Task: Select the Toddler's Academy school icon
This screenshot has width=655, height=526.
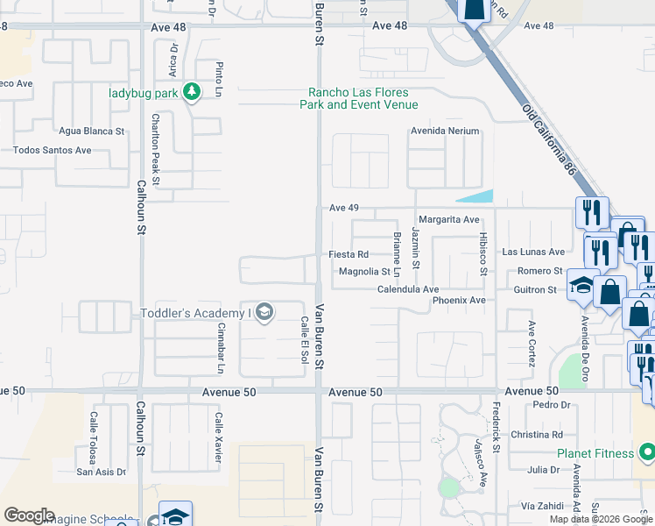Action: pos(265,313)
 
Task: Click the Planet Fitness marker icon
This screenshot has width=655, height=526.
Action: pos(646,453)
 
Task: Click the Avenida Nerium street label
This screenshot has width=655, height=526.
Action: pos(446,131)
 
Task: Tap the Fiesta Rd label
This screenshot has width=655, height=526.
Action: pos(349,254)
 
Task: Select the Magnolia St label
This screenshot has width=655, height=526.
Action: pos(364,272)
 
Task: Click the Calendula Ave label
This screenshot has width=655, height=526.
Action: pos(408,288)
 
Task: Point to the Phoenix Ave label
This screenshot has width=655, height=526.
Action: pos(458,300)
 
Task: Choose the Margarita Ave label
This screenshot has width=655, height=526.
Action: pos(449,219)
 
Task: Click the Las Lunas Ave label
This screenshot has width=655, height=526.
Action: pos(533,252)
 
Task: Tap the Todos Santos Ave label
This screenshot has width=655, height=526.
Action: pos(52,150)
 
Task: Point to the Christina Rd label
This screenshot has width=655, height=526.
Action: pos(537,435)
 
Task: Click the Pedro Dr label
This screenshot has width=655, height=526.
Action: pos(551,405)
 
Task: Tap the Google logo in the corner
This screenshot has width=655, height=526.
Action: pos(29,515)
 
